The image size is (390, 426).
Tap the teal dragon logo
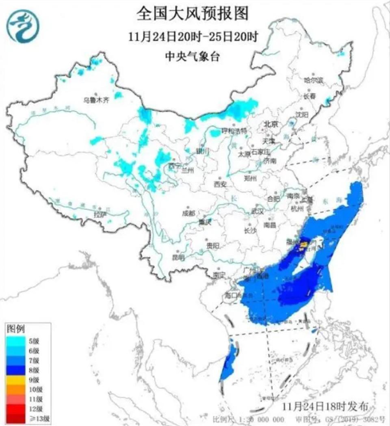click(x=23, y=26)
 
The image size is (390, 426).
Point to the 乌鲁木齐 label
click(x=96, y=99)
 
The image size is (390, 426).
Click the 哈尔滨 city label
click(x=313, y=81)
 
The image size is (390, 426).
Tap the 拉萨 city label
click(x=100, y=214)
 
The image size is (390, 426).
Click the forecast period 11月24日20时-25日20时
click(x=193, y=37)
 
